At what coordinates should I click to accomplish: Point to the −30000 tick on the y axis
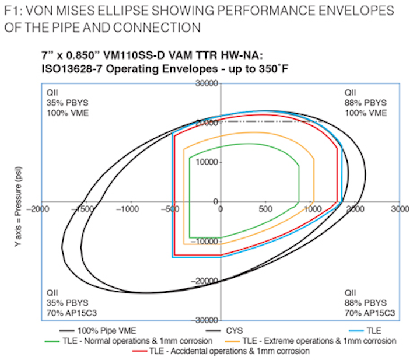click(x=205, y=320)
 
